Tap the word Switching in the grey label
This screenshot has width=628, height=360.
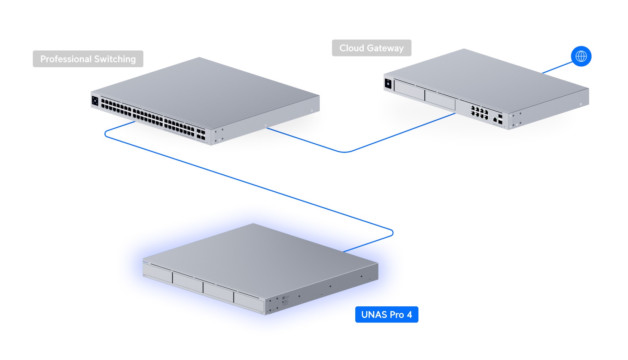[x=115, y=59]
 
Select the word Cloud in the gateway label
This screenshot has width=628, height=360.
[x=351, y=48]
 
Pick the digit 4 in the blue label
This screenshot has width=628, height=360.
[x=409, y=314]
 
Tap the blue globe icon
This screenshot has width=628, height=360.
[x=581, y=56]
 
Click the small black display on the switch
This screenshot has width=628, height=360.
[x=95, y=101]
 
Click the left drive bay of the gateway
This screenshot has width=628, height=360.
[x=409, y=90]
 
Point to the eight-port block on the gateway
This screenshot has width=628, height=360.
[x=479, y=113]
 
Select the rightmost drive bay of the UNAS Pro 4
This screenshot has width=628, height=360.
[x=249, y=302]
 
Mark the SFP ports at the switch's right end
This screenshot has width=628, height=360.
[x=201, y=135]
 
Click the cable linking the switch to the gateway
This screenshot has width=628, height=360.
[x=344, y=152]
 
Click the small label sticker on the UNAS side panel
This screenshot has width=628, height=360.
[x=285, y=300]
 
